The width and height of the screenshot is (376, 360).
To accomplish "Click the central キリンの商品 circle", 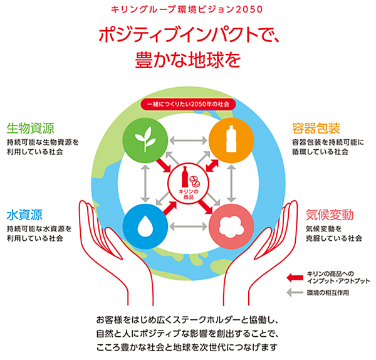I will point(187,181).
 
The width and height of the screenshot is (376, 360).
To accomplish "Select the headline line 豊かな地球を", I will point(188,60).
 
